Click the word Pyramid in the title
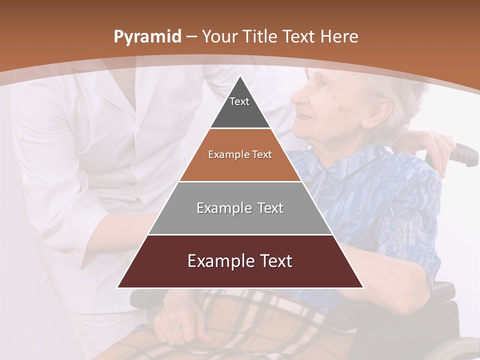[147, 37]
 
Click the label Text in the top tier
[239, 101]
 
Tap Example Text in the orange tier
[240, 154]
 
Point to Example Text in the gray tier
[240, 208]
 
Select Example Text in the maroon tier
[240, 261]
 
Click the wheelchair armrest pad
[440, 290]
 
